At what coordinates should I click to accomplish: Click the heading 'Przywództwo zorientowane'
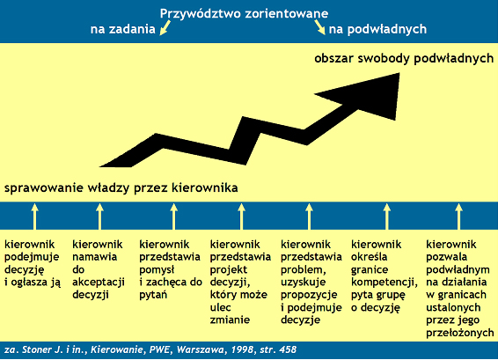(244, 14)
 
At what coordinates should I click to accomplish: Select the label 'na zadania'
(123, 29)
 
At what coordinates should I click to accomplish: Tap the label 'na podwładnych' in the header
(377, 29)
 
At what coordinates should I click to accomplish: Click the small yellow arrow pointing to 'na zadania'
(165, 27)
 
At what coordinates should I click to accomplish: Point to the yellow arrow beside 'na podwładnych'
(319, 27)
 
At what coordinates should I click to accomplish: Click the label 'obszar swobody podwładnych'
(404, 59)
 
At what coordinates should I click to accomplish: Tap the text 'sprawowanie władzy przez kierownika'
(121, 187)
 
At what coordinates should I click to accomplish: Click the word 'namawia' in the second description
(95, 257)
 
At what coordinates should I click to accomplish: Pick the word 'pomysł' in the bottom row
(157, 269)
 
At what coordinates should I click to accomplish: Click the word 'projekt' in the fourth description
(229, 269)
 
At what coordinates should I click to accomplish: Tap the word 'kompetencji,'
(384, 283)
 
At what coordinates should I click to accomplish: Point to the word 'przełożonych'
(460, 333)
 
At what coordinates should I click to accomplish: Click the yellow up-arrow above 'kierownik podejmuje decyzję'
(35, 217)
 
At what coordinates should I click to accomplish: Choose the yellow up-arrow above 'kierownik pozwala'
(458, 217)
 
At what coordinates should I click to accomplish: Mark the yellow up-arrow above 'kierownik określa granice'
(387, 217)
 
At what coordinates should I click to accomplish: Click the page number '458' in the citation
(288, 349)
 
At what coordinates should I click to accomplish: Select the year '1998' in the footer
(242, 349)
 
